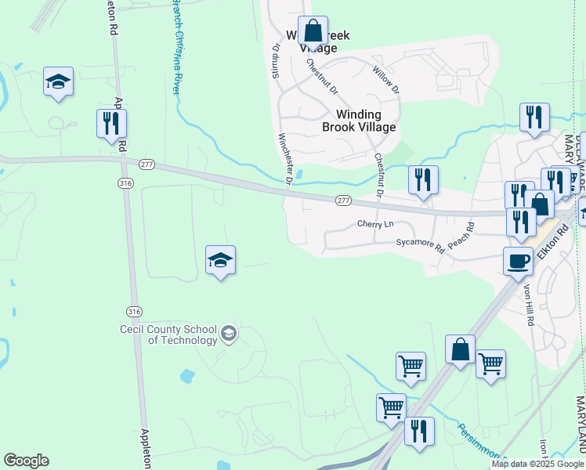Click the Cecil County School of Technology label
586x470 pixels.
pyautogui.click(x=168, y=334)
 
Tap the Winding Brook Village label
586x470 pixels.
pyautogui.click(x=359, y=121)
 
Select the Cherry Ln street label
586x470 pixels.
pyautogui.click(x=374, y=224)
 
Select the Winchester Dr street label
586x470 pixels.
pyautogui.click(x=285, y=160)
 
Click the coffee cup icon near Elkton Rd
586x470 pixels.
pyautogui.click(x=518, y=262)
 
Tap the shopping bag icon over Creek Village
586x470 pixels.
pyautogui.click(x=313, y=33)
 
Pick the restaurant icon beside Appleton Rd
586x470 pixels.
pyautogui.click(x=111, y=124)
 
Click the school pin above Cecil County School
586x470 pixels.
pyautogui.click(x=221, y=260)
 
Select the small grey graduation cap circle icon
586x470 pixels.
pyautogui.click(x=228, y=335)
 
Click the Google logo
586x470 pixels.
pyautogui.click(x=26, y=461)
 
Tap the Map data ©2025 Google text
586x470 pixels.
pyautogui.click(x=537, y=464)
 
